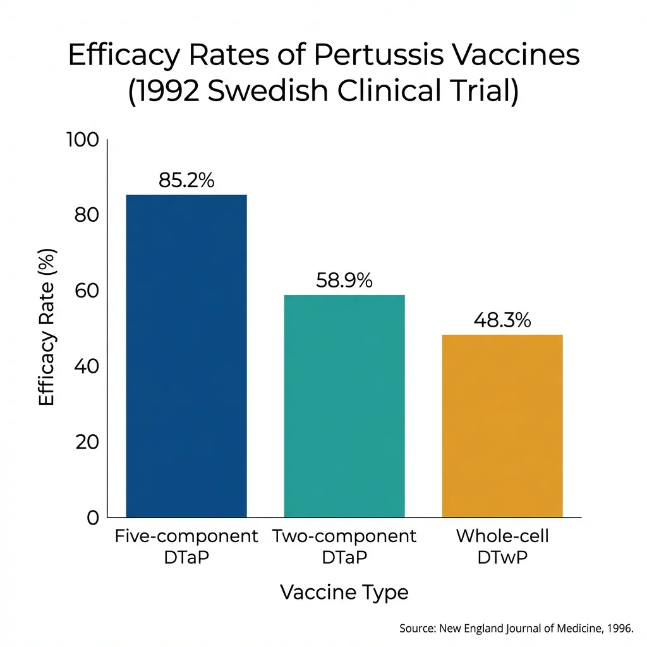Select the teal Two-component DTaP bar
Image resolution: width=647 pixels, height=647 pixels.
[344, 406]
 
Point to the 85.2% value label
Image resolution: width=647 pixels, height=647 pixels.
[186, 181]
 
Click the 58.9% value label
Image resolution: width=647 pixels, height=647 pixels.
[344, 281]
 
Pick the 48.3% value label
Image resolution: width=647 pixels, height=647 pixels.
[502, 320]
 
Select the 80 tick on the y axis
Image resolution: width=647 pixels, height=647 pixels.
[87, 215]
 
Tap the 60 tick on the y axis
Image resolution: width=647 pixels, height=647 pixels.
[87, 291]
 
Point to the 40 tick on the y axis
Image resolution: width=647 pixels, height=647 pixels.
[87, 366]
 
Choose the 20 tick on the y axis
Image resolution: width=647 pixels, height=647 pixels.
[87, 442]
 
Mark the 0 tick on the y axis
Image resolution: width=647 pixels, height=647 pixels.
[93, 518]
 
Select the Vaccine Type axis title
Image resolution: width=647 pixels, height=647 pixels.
[344, 593]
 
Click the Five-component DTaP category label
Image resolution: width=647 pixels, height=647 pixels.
[186, 547]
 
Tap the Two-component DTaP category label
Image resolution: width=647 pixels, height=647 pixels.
[344, 547]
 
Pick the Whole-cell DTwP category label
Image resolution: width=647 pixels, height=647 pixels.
[502, 547]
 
